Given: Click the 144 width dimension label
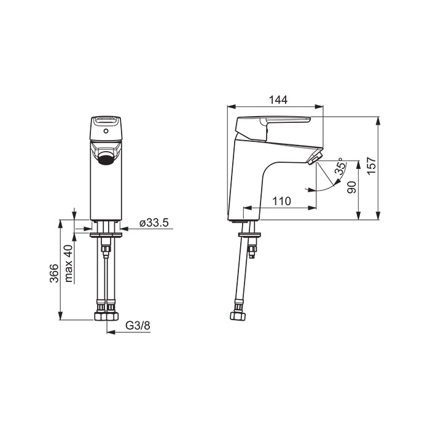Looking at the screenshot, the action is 278,100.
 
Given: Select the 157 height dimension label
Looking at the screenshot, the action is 372,166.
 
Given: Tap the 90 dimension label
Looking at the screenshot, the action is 351,187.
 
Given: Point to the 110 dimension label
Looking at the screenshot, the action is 281,201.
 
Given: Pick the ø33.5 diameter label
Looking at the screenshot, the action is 154,222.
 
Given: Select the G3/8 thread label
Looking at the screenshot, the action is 138,326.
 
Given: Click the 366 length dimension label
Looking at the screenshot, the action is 54,273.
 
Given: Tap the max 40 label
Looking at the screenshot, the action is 69,264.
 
